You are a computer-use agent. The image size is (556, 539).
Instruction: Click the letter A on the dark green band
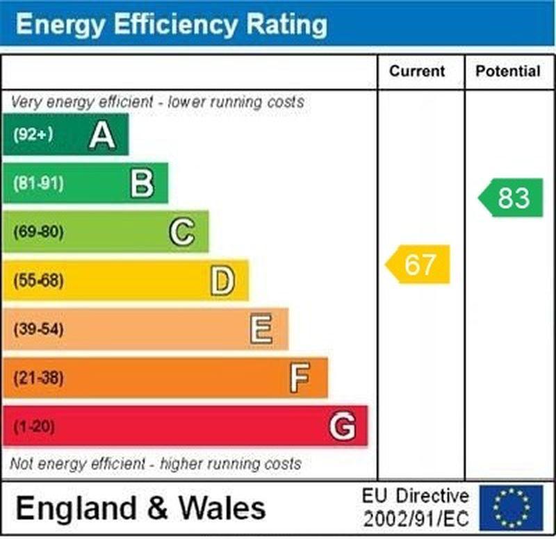(102, 135)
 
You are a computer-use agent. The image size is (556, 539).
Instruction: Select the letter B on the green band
(142, 183)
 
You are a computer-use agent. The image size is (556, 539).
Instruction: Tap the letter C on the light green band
(182, 232)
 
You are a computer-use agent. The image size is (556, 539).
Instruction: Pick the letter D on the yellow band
(222, 281)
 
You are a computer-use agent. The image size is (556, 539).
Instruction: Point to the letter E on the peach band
(261, 329)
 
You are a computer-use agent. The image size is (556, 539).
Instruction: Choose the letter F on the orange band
(300, 378)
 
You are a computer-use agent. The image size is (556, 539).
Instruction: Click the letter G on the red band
(342, 426)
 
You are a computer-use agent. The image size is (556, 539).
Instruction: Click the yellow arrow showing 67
(419, 264)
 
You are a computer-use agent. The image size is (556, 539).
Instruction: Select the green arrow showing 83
(512, 198)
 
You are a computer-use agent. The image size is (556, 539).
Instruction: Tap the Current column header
(417, 71)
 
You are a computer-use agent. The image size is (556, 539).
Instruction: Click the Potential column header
(507, 71)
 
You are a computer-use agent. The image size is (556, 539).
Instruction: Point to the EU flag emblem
(511, 507)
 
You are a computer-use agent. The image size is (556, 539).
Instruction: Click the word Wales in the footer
(222, 508)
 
